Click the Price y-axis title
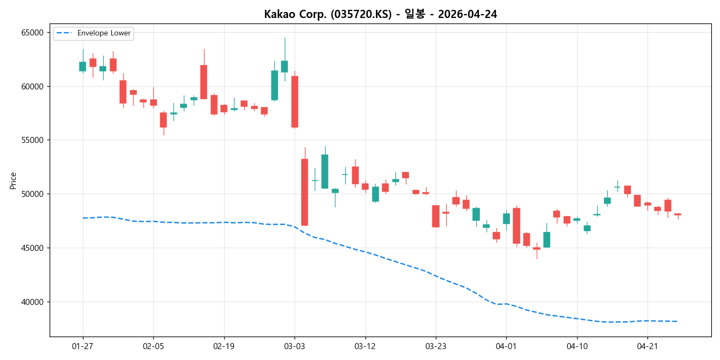click(x=13, y=181)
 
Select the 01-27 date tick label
click(x=83, y=346)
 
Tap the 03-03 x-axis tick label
click(x=295, y=346)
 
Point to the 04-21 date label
click(x=647, y=346)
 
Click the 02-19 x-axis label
click(x=224, y=346)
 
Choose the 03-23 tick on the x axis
click(x=435, y=346)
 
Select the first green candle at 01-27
click(x=82, y=66)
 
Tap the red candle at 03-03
click(x=295, y=101)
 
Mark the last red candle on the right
click(x=677, y=214)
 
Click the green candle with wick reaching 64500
click(x=284, y=66)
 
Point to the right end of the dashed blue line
click(x=677, y=321)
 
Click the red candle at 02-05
click(x=153, y=102)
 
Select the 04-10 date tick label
click(x=577, y=346)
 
